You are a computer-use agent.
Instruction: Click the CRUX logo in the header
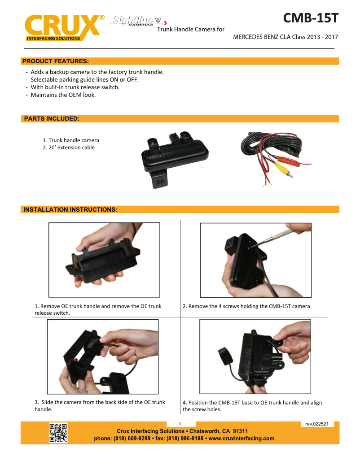click(x=63, y=28)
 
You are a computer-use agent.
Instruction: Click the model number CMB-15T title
click(x=310, y=19)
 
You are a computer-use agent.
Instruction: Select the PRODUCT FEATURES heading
click(x=56, y=61)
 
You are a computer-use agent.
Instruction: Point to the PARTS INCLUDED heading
click(x=52, y=119)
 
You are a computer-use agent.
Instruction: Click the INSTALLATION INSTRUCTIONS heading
click(x=70, y=209)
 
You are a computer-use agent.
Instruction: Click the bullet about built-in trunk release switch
click(x=75, y=87)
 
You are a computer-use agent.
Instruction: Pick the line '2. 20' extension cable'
click(x=69, y=148)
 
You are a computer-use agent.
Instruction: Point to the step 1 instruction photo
click(x=104, y=260)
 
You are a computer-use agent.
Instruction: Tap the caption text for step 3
click(x=100, y=406)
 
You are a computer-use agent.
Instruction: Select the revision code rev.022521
click(x=317, y=424)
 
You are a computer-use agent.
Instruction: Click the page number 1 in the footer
click(x=180, y=424)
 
